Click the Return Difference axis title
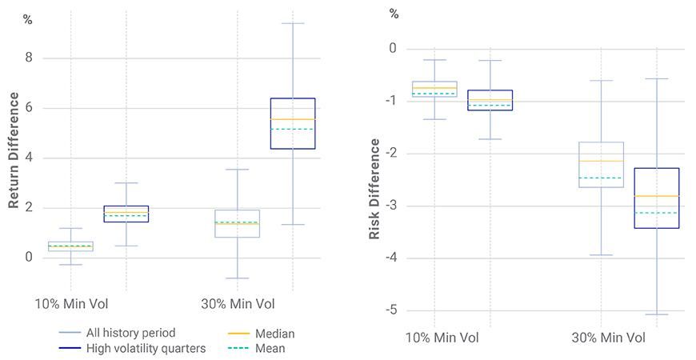click(14, 150)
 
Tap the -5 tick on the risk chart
click(392, 310)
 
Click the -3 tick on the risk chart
click(392, 206)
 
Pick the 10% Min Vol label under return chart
click(71, 304)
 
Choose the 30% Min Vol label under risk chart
click(608, 338)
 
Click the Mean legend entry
click(270, 348)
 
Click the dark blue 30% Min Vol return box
click(293, 123)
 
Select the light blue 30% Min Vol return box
click(237, 224)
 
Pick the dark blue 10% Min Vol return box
click(126, 214)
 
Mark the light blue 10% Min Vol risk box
click(434, 89)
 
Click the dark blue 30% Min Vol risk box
click(657, 198)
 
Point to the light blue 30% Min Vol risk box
click(601, 164)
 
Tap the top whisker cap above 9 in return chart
click(293, 23)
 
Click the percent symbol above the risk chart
click(394, 14)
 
